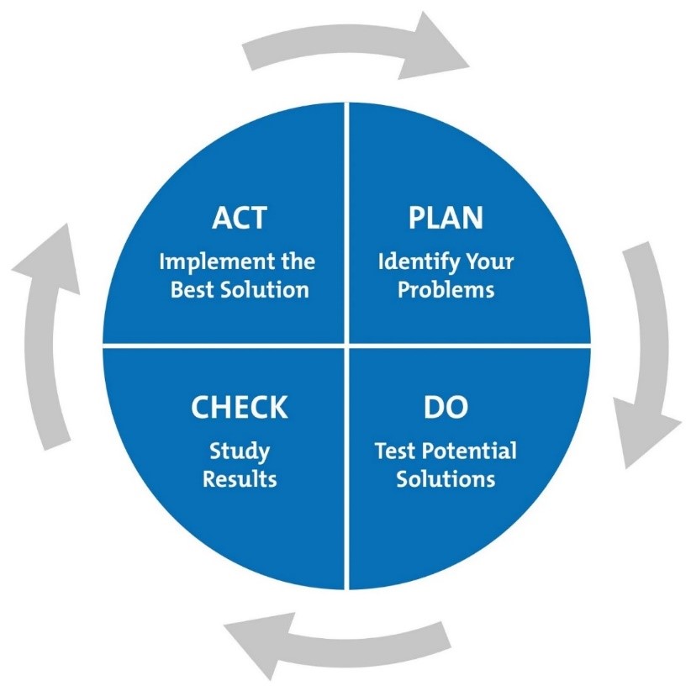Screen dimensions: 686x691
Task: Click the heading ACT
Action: click(x=239, y=218)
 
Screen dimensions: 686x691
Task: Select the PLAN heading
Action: click(x=446, y=218)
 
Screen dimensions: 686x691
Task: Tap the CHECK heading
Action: click(x=239, y=408)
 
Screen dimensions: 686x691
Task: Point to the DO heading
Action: click(x=446, y=408)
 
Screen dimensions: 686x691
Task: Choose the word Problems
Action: click(x=446, y=290)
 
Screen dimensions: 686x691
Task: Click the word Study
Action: click(x=240, y=451)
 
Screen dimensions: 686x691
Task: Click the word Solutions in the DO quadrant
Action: click(x=446, y=480)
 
